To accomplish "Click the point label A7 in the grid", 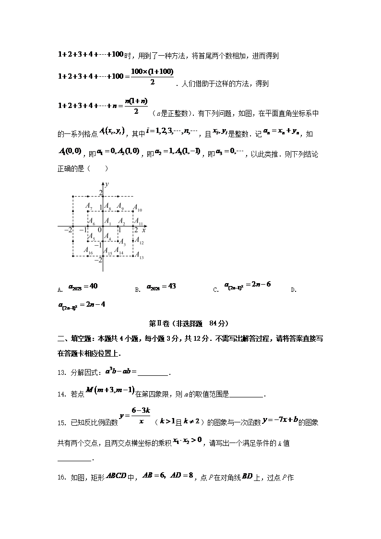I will pyautogui.click(x=89, y=206).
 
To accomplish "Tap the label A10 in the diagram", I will pyautogui.click(x=138, y=210).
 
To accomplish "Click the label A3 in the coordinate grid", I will pyautogui.click(x=122, y=241).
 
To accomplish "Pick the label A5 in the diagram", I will pyautogui.click(x=91, y=239).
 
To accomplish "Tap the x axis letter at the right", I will pyautogui.click(x=144, y=230).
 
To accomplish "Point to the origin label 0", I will pyautogui.click(x=100, y=230).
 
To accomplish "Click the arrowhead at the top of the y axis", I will pyautogui.click(x=103, y=183).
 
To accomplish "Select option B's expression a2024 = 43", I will pyautogui.click(x=162, y=287).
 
